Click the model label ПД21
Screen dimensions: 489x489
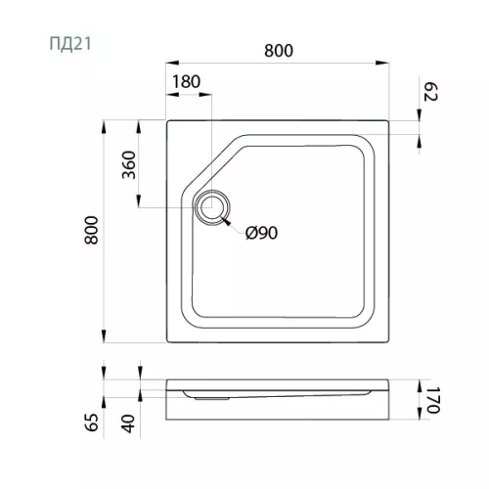point(70,44)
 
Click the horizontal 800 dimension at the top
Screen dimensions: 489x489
point(279,51)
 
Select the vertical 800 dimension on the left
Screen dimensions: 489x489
point(92,230)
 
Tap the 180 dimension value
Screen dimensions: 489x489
point(186,81)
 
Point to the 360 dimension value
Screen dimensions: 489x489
point(129,164)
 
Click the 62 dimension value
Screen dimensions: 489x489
point(430,92)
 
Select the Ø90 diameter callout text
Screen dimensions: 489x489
point(261,233)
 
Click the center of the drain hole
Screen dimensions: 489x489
point(212,207)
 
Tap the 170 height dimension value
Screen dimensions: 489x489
point(433,400)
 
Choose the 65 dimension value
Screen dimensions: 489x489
point(92,422)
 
